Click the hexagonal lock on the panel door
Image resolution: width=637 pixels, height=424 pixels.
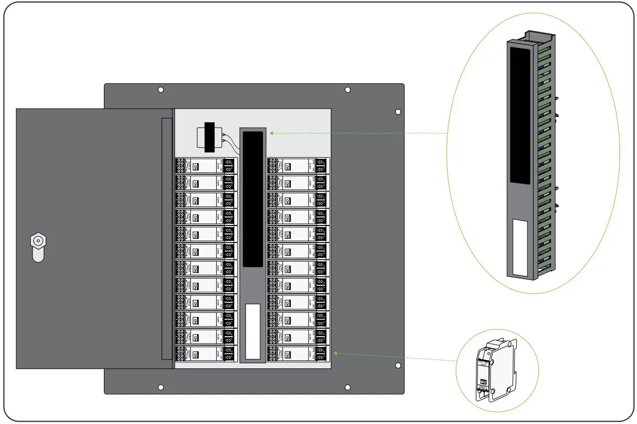[38, 241]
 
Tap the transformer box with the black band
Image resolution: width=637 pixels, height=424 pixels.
[209, 137]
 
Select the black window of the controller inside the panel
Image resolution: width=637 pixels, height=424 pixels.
[253, 199]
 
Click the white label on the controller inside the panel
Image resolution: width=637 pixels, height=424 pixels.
[253, 331]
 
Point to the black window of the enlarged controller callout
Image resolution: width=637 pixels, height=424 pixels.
[519, 114]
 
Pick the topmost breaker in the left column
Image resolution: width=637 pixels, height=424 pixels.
[206, 166]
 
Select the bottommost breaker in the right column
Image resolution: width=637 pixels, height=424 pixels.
[298, 354]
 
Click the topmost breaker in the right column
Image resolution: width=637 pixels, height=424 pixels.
[298, 166]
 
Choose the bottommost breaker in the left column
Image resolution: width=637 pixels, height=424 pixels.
[206, 354]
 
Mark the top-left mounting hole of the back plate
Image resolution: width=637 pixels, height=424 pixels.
[161, 90]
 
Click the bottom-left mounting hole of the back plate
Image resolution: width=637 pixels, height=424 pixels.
[161, 387]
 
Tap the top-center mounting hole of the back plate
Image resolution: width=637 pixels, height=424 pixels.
[348, 90]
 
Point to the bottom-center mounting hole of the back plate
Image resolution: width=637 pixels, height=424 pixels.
[348, 387]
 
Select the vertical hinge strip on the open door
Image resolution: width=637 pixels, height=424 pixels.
[167, 238]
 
